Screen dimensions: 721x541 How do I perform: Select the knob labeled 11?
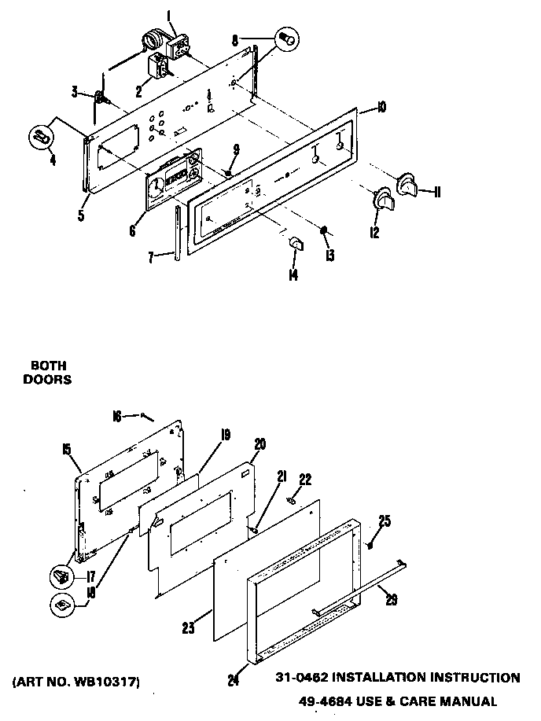tap(409, 183)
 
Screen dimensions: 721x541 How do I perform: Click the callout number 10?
tap(381, 108)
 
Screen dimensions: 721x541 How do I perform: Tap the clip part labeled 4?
tap(41, 138)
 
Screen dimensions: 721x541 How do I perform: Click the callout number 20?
tap(259, 444)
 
